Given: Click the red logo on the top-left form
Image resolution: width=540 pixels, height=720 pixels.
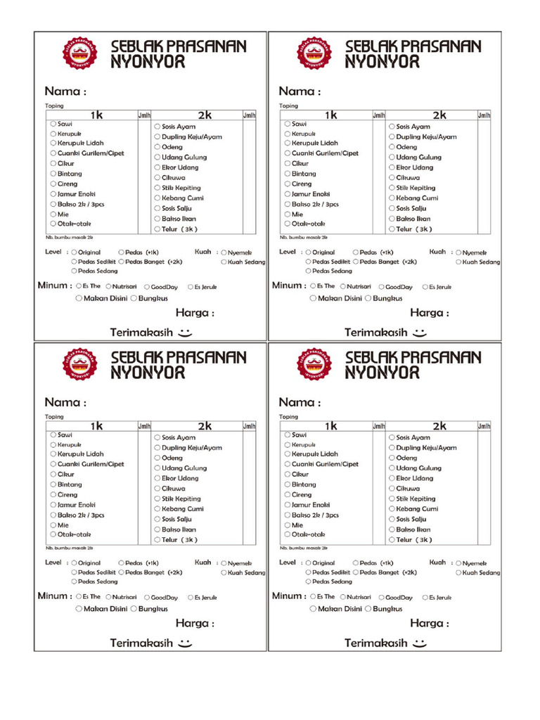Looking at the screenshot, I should (80, 53).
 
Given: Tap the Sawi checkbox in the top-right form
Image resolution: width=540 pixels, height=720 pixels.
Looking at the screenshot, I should (288, 124).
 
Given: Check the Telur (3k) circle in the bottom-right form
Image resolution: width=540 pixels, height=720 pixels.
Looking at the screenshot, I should (392, 540).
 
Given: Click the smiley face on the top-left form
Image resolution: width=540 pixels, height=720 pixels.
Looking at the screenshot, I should (185, 331).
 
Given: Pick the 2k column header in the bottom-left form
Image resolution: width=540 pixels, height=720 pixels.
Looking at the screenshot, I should (205, 426).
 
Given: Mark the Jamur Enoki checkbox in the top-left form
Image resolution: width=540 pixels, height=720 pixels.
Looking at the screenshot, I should (53, 194).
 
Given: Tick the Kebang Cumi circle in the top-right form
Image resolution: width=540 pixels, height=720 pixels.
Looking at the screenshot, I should (392, 198).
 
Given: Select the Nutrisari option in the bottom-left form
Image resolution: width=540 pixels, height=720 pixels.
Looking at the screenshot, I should (109, 597).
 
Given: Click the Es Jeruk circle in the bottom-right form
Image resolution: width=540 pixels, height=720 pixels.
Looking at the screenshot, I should (425, 597).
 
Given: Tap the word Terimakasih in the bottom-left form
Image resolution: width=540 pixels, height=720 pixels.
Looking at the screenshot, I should (141, 643).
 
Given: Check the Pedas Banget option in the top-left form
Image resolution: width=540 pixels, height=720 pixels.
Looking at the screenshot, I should (122, 262).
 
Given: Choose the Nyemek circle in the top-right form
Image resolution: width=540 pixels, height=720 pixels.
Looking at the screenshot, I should (459, 252).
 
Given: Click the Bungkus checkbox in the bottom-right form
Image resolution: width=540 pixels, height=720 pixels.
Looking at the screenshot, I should (368, 609).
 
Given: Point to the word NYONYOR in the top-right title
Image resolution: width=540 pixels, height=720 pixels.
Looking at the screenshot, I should (382, 62).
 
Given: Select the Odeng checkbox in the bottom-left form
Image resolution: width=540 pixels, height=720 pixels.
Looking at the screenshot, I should (157, 458).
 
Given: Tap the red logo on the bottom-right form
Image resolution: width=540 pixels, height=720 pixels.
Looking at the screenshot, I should (314, 364).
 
